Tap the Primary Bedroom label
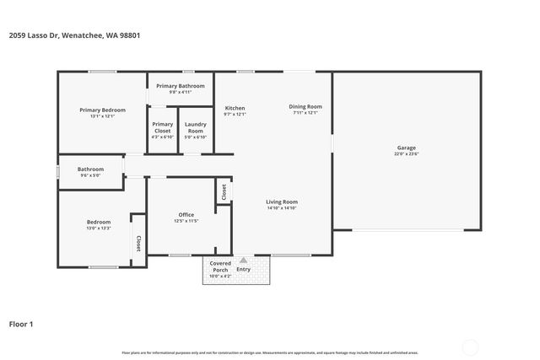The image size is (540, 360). [x=102, y=110]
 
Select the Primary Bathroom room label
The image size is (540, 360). [x=180, y=86]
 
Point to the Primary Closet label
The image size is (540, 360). [x=162, y=128]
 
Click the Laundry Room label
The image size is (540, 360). [x=195, y=128]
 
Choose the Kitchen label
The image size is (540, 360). [x=235, y=109]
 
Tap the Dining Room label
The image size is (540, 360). [x=305, y=106]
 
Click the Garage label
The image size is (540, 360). [x=407, y=148]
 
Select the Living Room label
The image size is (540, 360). [x=282, y=201]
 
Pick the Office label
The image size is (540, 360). [x=186, y=215]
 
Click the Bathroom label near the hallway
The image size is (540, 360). [x=90, y=169]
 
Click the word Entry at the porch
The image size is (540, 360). [x=244, y=269]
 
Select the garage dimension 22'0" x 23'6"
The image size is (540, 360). [x=407, y=154]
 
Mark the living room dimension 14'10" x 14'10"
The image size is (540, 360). [x=282, y=208]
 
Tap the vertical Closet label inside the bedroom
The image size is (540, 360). [x=137, y=243]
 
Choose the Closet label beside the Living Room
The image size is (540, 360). [x=224, y=192]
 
